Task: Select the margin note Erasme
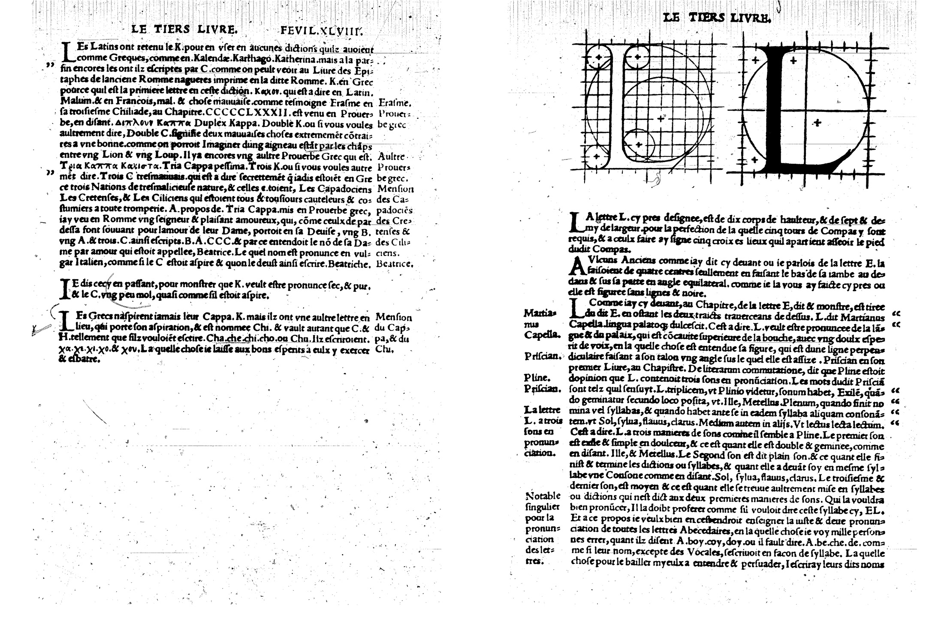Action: point(395,103)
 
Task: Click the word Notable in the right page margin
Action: point(543,496)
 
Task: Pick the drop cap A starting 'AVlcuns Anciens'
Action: point(576,267)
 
